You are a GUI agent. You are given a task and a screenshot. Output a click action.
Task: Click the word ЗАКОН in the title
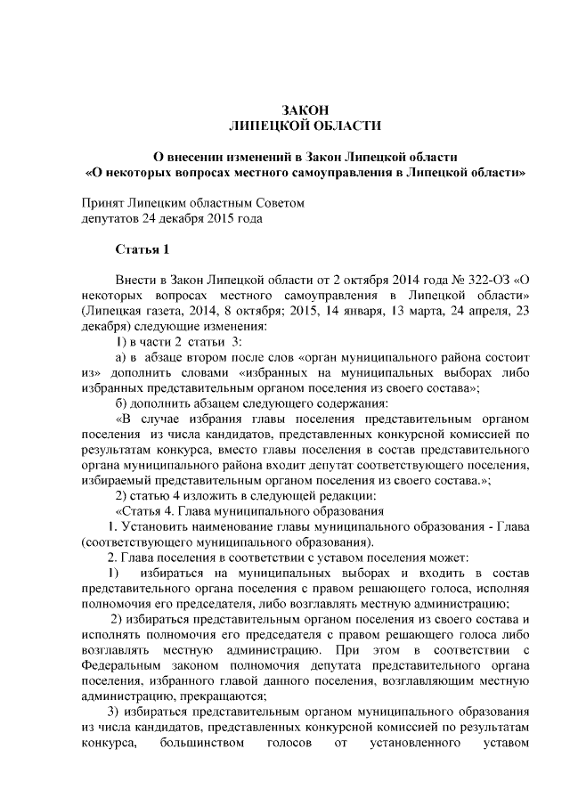[305, 110]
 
